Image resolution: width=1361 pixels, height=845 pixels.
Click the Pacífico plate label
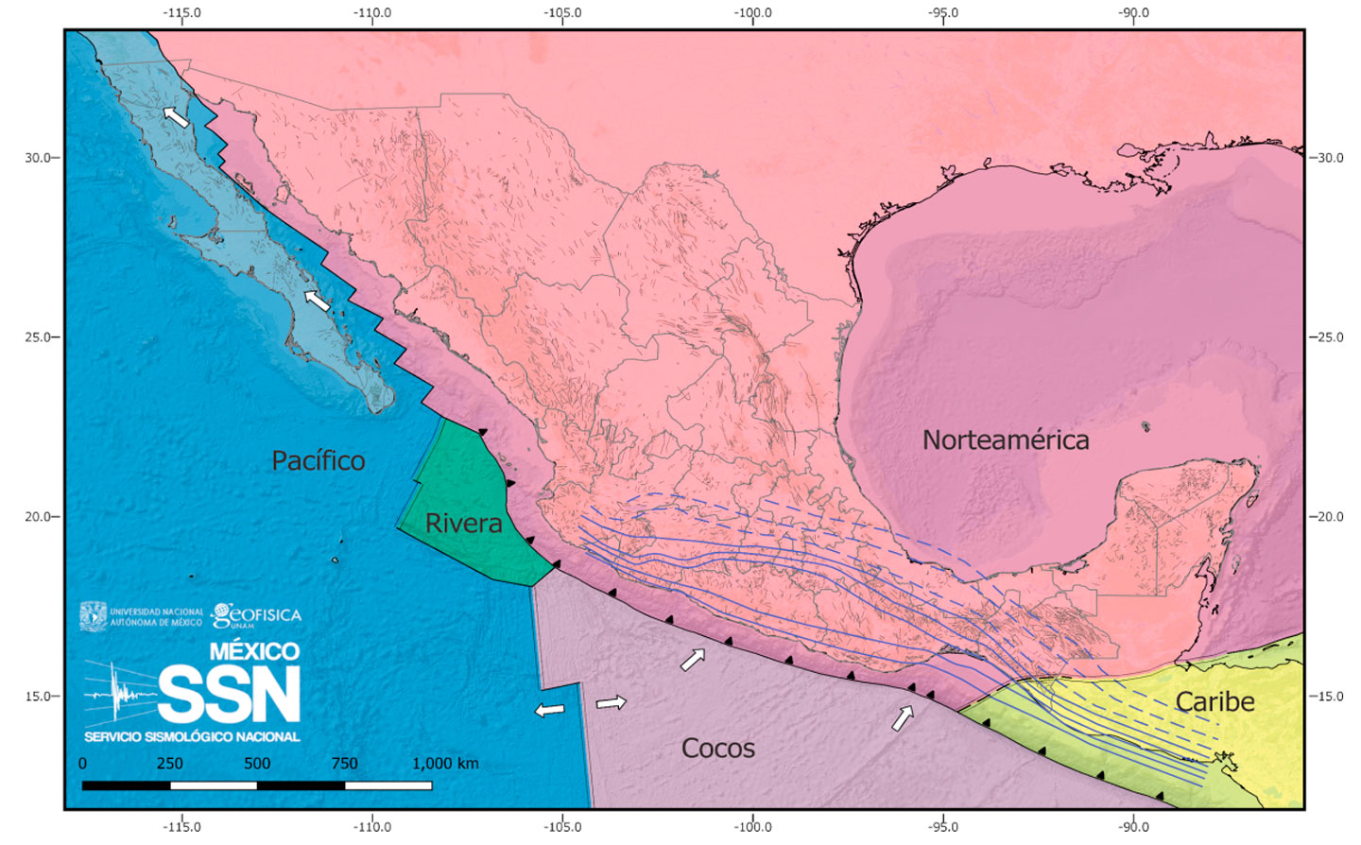318,460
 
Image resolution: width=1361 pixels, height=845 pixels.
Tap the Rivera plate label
463,523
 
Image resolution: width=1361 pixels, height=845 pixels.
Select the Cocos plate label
718,749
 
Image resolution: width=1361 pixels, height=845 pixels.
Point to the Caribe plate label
1215,701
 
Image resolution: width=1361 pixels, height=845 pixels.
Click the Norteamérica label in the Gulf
1006,440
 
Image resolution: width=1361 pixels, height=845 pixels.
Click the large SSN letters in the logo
229,695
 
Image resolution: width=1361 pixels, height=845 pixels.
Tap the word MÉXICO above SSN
254,651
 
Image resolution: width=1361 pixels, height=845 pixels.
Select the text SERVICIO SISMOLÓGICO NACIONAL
192,736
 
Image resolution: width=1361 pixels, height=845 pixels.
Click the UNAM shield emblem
93,616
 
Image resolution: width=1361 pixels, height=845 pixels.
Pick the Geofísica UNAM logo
256,616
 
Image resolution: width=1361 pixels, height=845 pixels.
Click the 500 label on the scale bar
257,764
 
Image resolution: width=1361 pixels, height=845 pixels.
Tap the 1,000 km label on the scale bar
444,764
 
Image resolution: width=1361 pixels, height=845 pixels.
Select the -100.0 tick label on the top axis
753,13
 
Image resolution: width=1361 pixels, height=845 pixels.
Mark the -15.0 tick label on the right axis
1327,697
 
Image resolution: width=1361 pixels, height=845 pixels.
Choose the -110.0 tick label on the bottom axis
372,827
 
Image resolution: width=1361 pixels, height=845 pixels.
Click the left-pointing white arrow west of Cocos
549,710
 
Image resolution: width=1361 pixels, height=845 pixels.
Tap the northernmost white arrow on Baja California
176,116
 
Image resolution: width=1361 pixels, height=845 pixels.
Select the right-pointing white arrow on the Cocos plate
612,702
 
